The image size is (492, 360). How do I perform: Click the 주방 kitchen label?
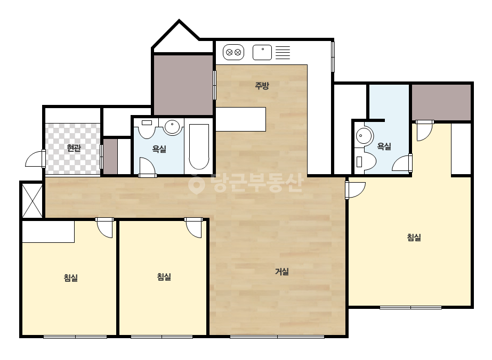tap(262, 85)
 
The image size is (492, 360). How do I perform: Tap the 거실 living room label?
tap(281, 271)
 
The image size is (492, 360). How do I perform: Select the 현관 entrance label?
tap(74, 148)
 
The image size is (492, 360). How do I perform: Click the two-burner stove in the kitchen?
tap(233, 52)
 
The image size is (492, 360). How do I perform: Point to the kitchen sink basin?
tap(262, 52)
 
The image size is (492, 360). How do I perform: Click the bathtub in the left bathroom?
tap(199, 147)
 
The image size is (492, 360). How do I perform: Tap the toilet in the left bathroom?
tap(147, 128)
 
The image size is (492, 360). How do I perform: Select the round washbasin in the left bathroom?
tap(172, 127)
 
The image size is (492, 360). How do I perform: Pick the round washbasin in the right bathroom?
tap(365, 136)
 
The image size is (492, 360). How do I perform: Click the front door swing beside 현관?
tap(35, 159)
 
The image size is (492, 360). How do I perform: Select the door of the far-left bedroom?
tap(104, 228)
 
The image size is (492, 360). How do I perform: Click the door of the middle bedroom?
tap(193, 228)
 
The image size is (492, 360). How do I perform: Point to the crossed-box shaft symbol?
tap(32, 200)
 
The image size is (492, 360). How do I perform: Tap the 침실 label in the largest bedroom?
tap(414, 238)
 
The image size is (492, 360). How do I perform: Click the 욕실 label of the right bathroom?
tap(384, 146)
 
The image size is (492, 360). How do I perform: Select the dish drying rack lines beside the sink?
tap(283, 52)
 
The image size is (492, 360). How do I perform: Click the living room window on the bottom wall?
tap(277, 337)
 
